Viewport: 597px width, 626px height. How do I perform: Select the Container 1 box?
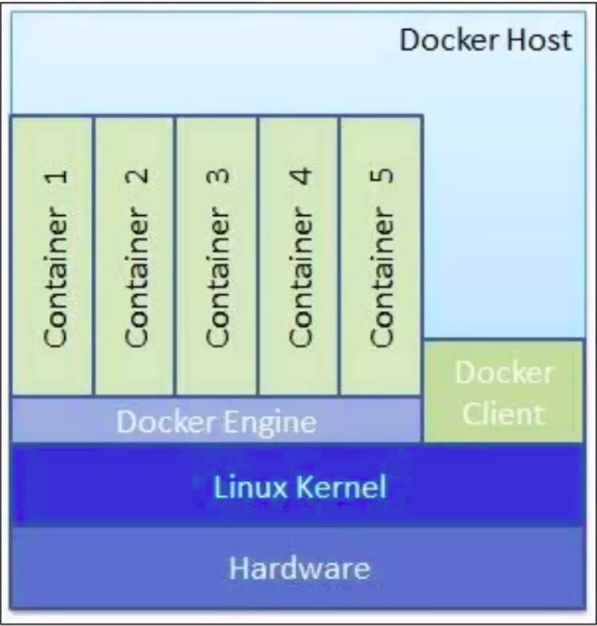coord(52,256)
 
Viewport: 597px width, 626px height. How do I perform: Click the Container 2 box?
coord(135,256)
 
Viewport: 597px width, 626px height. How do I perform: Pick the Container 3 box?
coord(217,256)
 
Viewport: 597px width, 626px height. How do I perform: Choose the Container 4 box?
coord(299,256)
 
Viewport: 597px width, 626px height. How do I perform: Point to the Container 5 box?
coord(381,256)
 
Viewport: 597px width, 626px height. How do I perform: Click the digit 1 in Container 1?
coord(56,176)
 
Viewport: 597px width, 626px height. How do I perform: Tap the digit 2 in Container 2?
coord(137,176)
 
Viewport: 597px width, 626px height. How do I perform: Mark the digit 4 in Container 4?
coord(300,176)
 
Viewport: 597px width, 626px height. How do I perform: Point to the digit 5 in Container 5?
coord(382,176)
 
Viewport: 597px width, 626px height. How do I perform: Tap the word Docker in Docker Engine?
coord(167,421)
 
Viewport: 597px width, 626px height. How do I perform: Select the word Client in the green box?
coord(504,413)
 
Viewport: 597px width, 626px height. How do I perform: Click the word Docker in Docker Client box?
coord(504,372)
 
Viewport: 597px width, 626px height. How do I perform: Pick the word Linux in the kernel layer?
coord(251,487)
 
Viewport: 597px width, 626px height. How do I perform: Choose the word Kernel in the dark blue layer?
coord(341,487)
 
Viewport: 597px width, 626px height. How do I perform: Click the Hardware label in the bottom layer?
coord(300,568)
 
